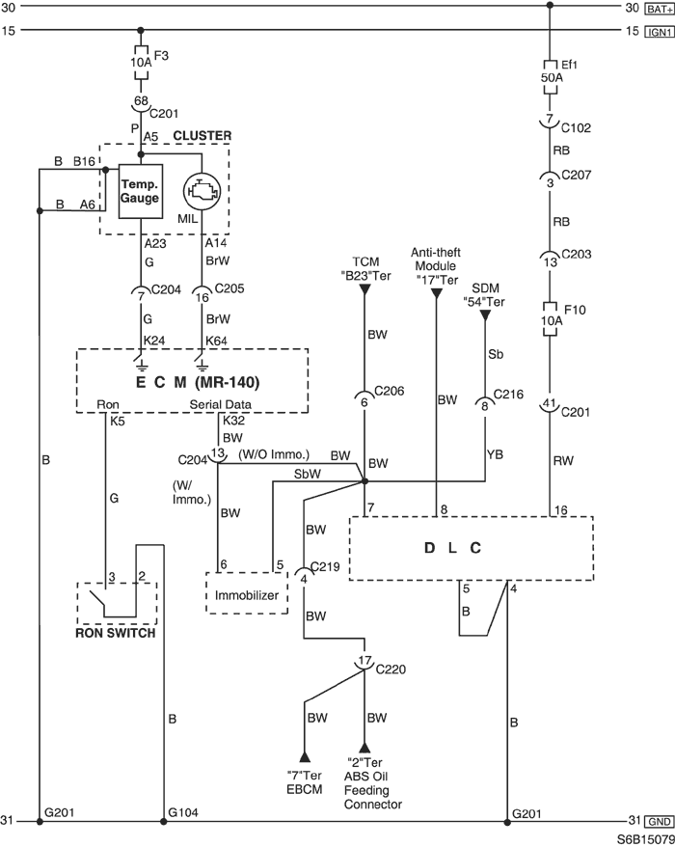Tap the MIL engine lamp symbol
[x=202, y=191]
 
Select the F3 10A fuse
[x=141, y=62]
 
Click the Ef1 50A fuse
[x=550, y=77]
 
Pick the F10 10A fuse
[x=550, y=319]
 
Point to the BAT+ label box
[x=660, y=8]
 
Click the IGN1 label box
[x=660, y=32]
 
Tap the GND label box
[x=660, y=822]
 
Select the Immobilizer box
[x=247, y=592]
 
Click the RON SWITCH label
[x=116, y=633]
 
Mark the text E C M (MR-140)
[x=198, y=382]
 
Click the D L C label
[x=452, y=548]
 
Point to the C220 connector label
[x=391, y=669]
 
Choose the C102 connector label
[x=577, y=128]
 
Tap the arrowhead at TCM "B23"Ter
[x=364, y=290]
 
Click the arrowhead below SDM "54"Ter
[x=485, y=314]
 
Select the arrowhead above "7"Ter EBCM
[x=305, y=755]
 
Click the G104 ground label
[x=183, y=812]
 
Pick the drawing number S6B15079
[x=646, y=840]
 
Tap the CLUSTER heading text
[x=202, y=136]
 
